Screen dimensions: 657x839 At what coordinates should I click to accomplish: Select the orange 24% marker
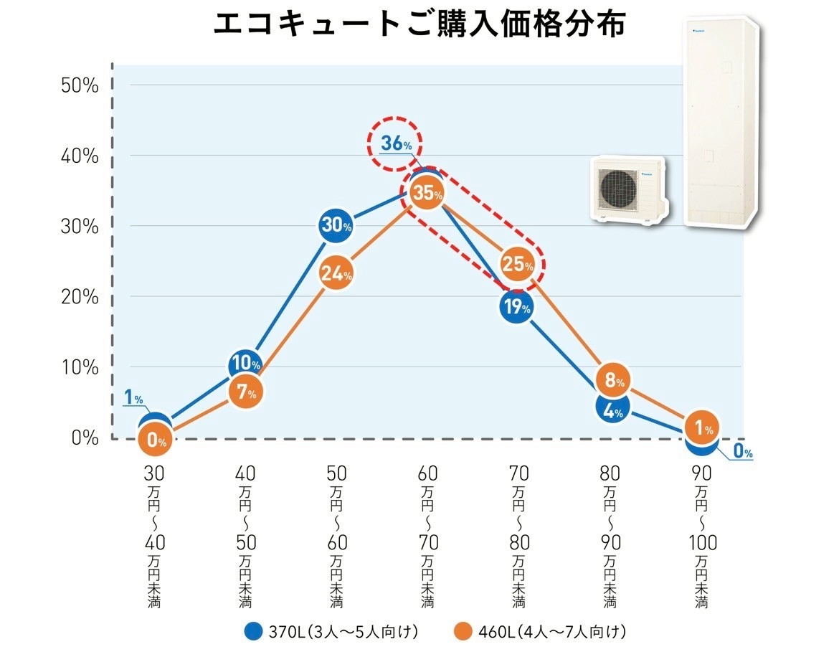pos(336,273)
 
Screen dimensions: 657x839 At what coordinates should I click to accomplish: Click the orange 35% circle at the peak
pos(427,192)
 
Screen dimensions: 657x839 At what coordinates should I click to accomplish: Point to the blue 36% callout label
pos(396,143)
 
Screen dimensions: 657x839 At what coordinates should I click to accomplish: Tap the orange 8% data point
pos(615,379)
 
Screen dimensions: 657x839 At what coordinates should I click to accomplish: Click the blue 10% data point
pos(245,363)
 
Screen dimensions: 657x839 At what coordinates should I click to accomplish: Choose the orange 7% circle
pos(245,392)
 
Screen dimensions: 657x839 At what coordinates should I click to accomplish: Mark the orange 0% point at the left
pos(155,440)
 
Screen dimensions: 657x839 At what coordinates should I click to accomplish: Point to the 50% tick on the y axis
pos(80,85)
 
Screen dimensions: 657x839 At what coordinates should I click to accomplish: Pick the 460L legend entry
pos(541,632)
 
